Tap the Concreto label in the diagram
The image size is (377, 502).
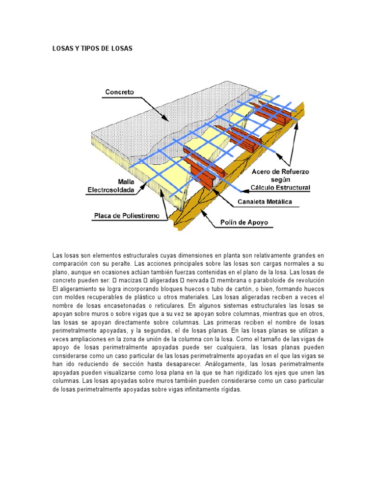pyautogui.click(x=119, y=92)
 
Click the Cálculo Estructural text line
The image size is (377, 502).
pyautogui.click(x=280, y=187)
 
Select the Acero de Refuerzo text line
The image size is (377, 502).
pyautogui.click(x=280, y=173)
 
